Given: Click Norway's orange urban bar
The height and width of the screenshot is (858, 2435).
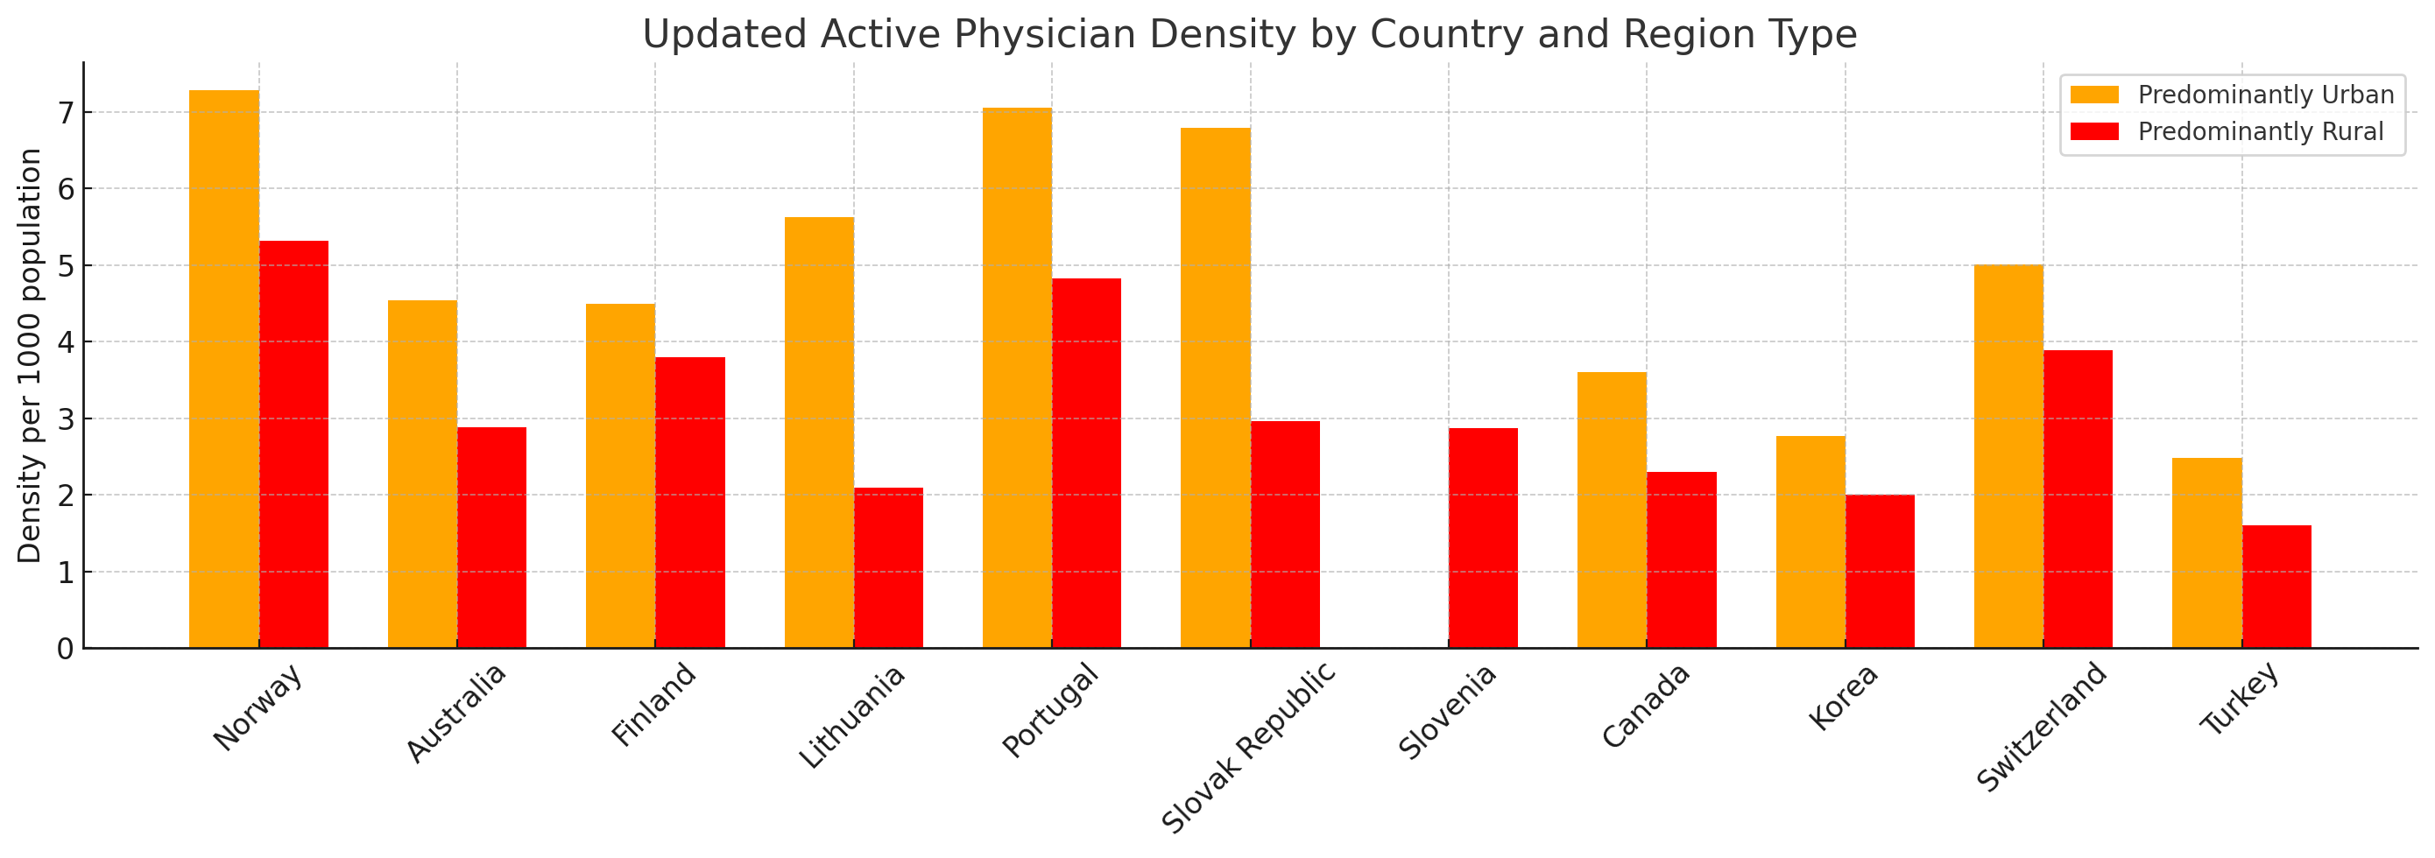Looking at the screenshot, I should click(224, 369).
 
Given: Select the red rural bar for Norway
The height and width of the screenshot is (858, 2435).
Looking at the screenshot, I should click(294, 444).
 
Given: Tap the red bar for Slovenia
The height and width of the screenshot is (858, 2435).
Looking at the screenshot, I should click(1483, 538).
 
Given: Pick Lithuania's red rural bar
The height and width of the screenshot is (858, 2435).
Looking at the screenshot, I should click(888, 567).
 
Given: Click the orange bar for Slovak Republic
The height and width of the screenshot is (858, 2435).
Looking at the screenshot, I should click(1215, 388).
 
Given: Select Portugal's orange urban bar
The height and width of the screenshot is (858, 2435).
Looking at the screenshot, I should click(1017, 378).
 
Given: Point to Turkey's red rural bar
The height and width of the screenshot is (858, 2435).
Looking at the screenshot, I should click(2276, 586).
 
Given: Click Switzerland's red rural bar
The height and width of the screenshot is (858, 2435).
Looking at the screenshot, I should click(2078, 499).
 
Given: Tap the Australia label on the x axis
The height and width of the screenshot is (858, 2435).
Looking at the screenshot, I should click(456, 713).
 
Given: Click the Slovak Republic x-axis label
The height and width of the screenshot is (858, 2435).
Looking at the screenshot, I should click(1248, 748).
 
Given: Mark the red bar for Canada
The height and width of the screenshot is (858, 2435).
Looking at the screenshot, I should click(1681, 559).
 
